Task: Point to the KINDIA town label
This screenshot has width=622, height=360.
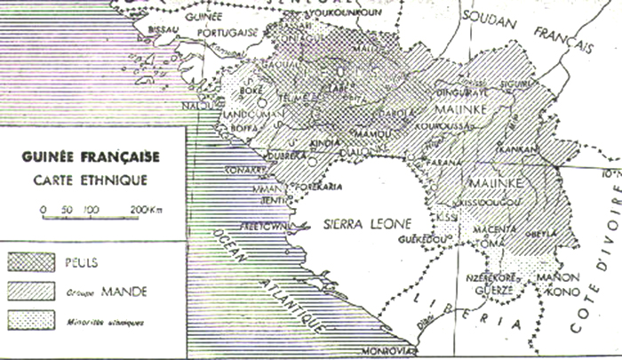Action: [325, 141]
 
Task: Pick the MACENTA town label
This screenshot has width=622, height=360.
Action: [500, 229]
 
